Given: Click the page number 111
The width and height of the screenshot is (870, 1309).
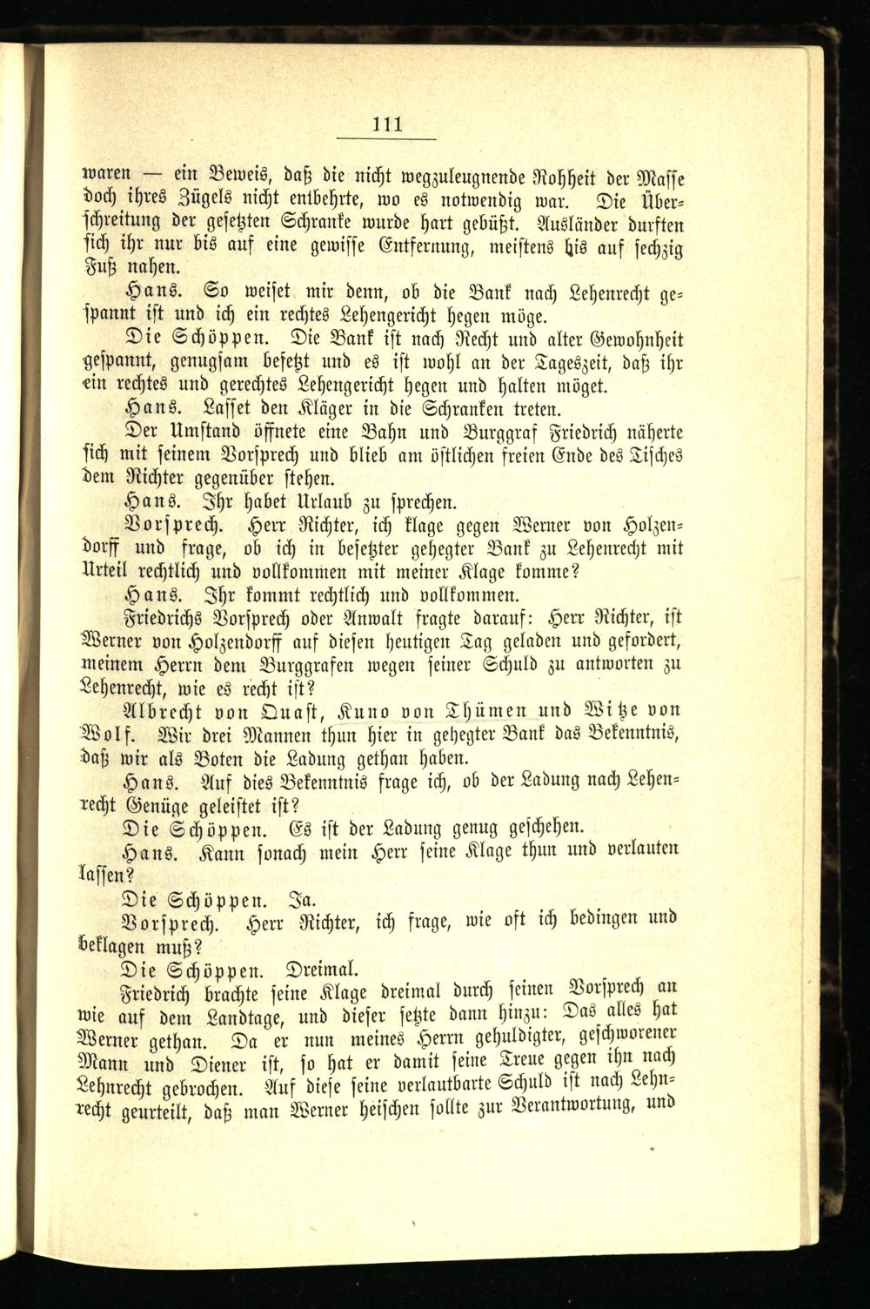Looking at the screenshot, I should click(385, 123).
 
